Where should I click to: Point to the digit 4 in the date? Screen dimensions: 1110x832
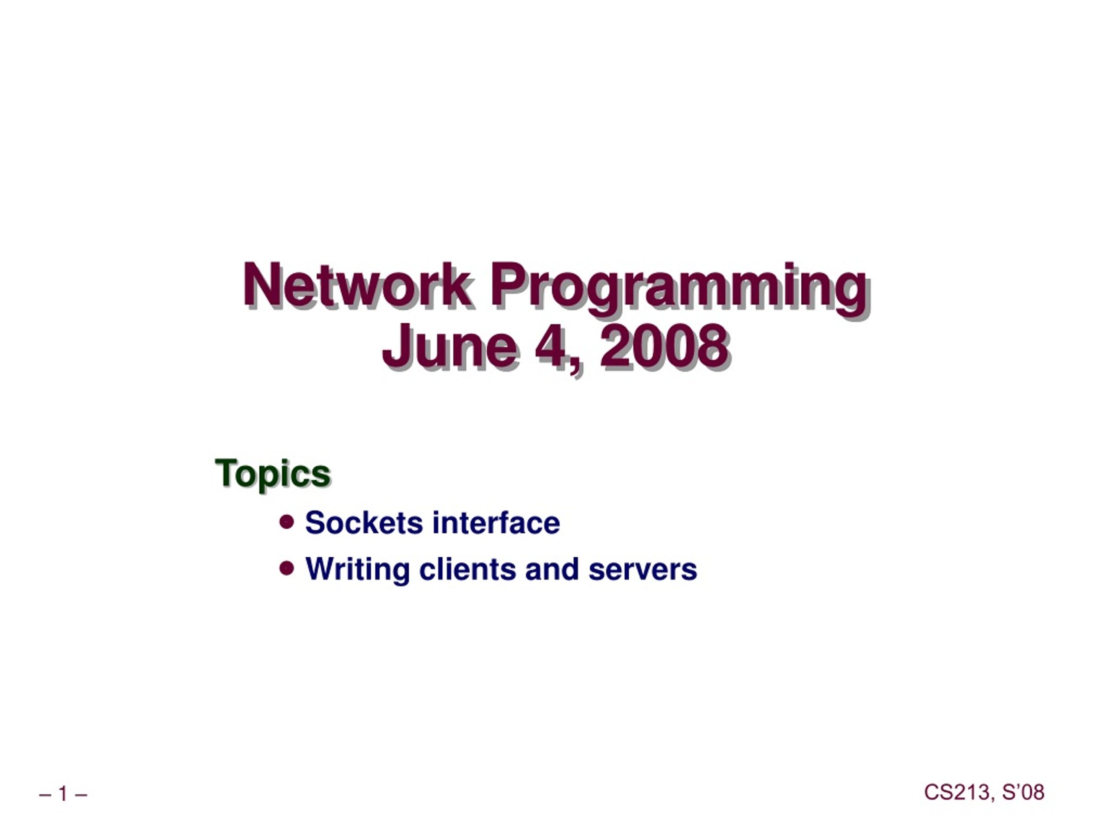tap(552, 345)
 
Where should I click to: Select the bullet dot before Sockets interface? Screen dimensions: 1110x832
tap(287, 522)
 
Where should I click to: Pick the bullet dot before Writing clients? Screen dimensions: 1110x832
tap(287, 568)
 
